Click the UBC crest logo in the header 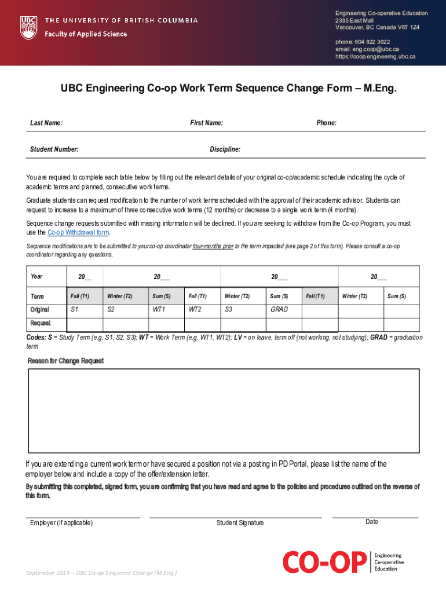pos(28,27)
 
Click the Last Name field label pos(46,123)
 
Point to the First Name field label pos(206,123)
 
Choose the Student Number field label pos(54,149)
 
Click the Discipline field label pos(225,149)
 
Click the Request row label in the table pos(41,323)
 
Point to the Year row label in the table pos(36,276)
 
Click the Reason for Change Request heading pos(65,361)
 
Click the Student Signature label pos(240,523)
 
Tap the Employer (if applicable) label pos(61,523)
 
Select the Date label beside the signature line pos(372,522)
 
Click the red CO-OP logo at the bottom pos(324,562)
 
